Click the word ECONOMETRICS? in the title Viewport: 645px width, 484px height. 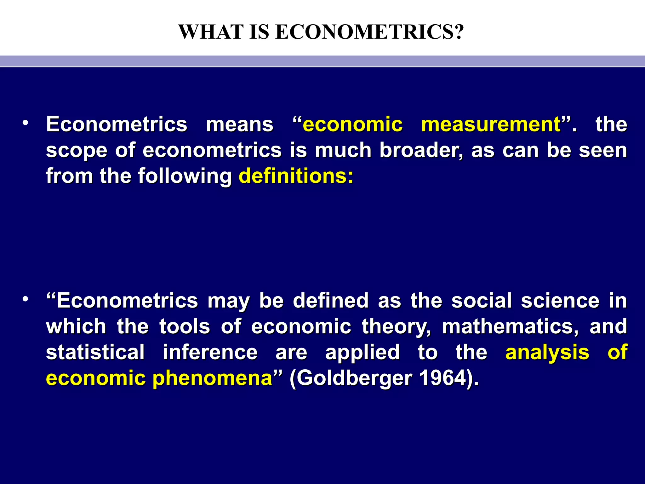tap(369, 32)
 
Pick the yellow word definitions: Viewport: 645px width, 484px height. tap(296, 176)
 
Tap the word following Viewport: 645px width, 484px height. tap(185, 176)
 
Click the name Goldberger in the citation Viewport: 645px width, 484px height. tap(354, 378)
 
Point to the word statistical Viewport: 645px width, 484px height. tap(95, 352)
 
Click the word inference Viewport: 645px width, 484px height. tap(210, 352)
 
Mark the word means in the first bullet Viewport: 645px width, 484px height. tap(240, 124)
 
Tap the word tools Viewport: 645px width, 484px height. tap(185, 327)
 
